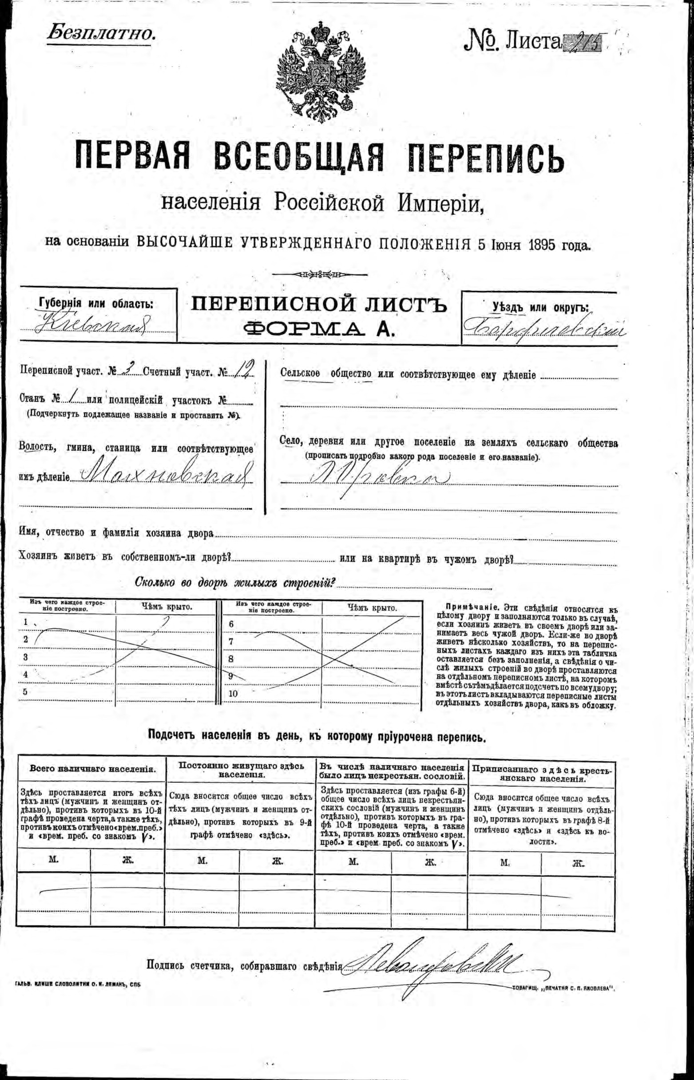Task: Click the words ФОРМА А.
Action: (x=320, y=330)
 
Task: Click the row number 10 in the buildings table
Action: (x=233, y=693)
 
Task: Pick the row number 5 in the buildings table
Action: (x=25, y=691)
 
